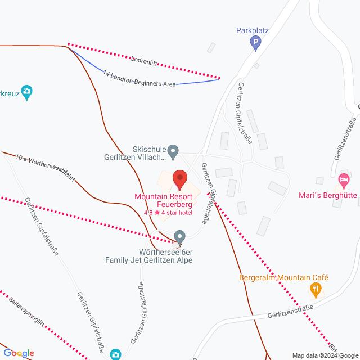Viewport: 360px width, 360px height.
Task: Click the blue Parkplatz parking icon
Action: point(256,41)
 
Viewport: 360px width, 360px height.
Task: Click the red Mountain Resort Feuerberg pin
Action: point(179,179)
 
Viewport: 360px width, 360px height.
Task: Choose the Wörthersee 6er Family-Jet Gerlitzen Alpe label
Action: point(149,255)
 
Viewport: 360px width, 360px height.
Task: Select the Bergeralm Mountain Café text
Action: point(283,277)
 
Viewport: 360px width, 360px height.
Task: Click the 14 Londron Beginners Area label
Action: point(139,79)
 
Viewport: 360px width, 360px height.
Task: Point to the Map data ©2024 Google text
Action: point(325,355)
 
